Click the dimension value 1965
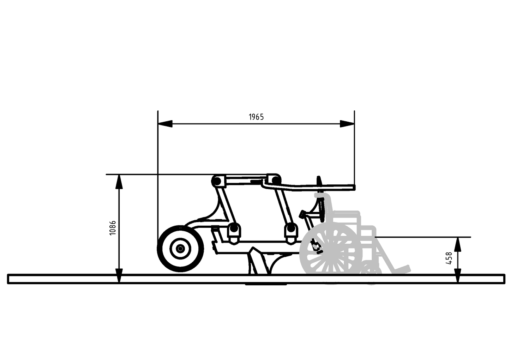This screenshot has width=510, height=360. pos(256,117)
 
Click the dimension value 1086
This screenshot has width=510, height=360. pos(113,228)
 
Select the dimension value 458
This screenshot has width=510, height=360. pos(449,258)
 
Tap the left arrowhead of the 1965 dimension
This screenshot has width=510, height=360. pos(165,124)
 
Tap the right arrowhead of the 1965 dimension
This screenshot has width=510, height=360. pos(347,124)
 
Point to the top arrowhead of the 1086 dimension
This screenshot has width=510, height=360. pos(119,182)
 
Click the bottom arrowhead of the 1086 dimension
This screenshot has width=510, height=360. pos(119,276)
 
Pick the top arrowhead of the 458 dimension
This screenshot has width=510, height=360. pos(458,244)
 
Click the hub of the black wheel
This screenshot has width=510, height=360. pos(180,249)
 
